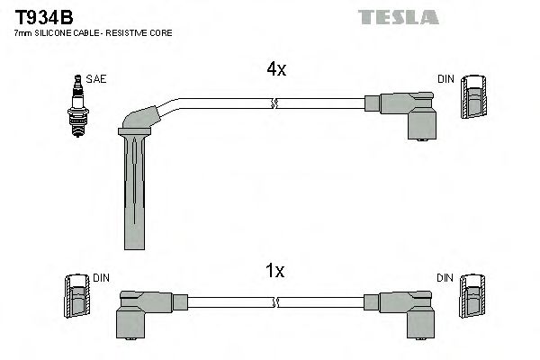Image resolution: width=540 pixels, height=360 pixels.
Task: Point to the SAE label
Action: [x=97, y=79]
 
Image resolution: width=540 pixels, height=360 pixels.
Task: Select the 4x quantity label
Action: [x=276, y=69]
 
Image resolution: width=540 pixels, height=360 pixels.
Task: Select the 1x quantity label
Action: [x=276, y=270]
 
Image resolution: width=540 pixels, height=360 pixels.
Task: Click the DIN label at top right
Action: [x=446, y=79]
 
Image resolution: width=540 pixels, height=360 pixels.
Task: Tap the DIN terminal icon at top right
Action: [x=474, y=97]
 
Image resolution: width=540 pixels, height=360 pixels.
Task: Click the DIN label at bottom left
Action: [x=100, y=278]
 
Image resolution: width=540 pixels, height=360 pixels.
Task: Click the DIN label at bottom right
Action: [x=446, y=278]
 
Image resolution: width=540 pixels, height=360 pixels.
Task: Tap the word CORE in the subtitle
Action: [x=161, y=33]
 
